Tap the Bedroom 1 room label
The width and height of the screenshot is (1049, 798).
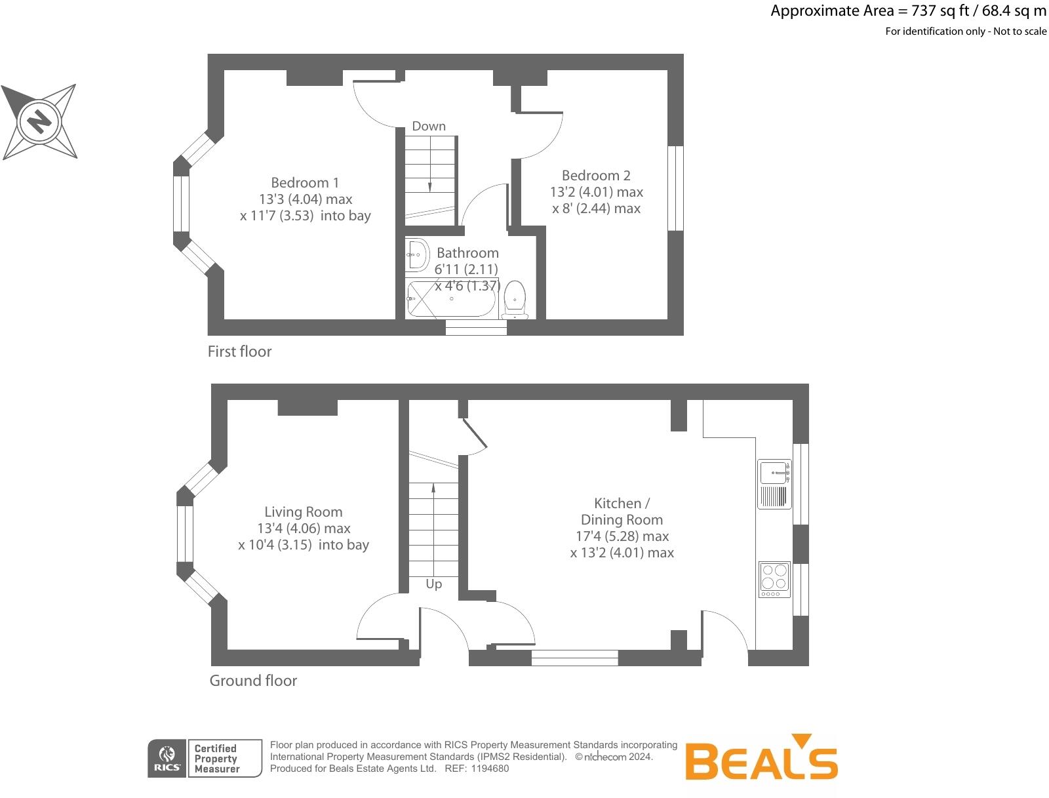305,182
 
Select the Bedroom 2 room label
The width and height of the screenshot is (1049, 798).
596,175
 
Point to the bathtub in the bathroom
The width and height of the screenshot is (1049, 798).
452,300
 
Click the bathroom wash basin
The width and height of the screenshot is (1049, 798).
416,254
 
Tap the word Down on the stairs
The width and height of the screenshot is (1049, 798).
429,126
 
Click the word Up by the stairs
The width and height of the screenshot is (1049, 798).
433,584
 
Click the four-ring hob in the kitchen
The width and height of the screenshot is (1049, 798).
774,579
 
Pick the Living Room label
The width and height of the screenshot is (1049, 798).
304,511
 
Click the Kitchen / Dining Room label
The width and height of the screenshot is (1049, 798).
622,511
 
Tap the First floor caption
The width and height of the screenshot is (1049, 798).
239,351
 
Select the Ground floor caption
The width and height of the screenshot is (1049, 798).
253,681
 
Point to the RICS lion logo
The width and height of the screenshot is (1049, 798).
168,759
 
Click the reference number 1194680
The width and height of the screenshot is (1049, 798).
490,768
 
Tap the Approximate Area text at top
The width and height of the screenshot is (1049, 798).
908,10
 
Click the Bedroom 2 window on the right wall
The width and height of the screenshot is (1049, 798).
675,188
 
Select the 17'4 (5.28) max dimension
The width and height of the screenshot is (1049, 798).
622,536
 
